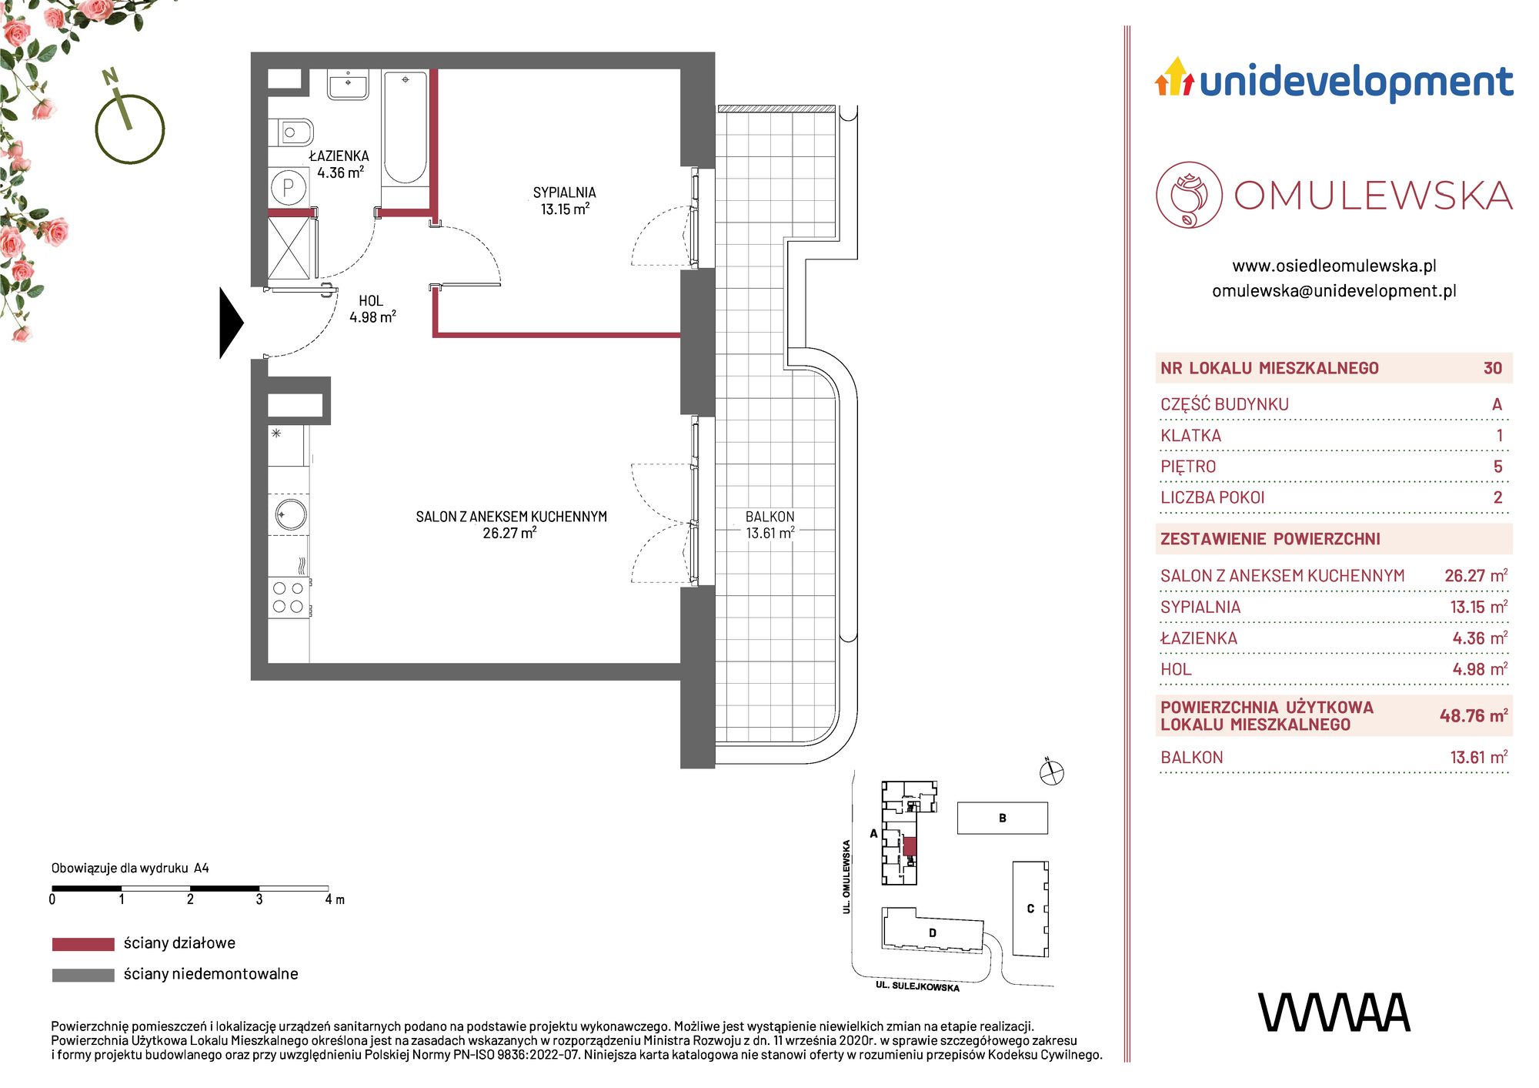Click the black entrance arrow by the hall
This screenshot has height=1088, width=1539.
[231, 323]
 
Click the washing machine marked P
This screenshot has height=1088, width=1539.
[289, 187]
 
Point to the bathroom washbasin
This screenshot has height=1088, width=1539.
[348, 84]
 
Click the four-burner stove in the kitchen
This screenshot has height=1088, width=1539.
[289, 598]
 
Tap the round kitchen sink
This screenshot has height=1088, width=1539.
[290, 514]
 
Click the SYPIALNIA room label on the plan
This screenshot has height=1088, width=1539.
[565, 192]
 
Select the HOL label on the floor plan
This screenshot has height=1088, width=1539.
[371, 301]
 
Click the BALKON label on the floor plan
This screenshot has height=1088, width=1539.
[769, 517]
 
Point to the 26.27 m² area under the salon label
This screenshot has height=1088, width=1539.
[509, 533]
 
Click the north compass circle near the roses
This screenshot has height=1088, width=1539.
[130, 129]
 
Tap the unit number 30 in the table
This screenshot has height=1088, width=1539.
[1493, 368]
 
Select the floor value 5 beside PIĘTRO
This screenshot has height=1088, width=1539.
[1497, 467]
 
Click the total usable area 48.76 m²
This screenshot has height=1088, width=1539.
[1474, 715]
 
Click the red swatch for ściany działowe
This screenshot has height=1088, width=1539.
[83, 944]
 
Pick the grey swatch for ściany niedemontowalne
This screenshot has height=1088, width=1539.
[83, 975]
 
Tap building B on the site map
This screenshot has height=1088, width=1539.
[1002, 818]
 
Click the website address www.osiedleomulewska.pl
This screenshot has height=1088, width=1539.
[1334, 266]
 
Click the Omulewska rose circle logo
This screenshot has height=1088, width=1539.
[1189, 195]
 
